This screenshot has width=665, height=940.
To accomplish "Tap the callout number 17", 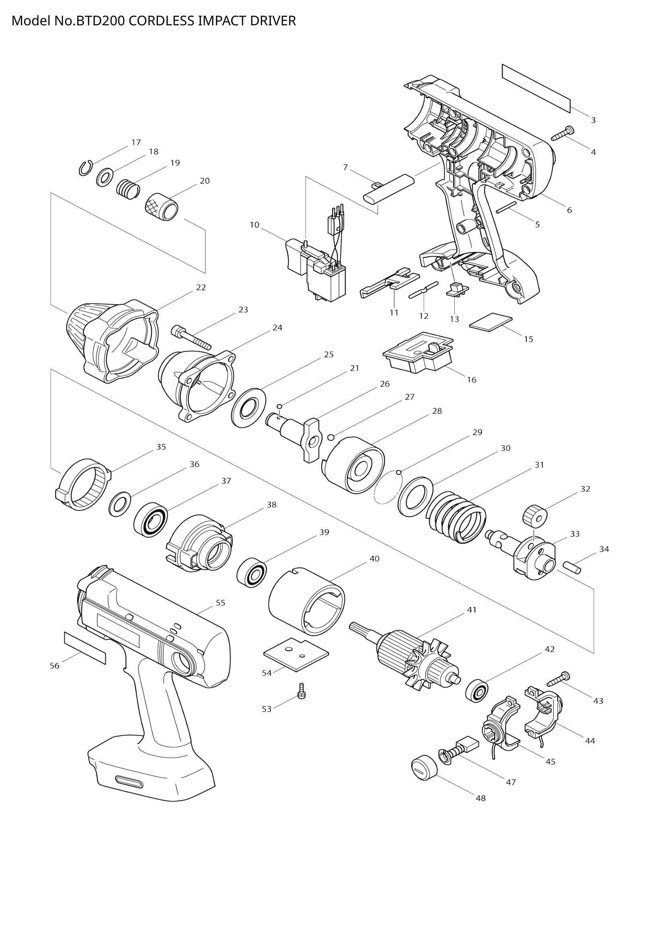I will (x=136, y=143).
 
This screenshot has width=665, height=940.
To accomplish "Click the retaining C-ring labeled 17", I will (x=85, y=168).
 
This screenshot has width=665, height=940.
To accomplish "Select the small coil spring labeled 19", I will (x=128, y=189).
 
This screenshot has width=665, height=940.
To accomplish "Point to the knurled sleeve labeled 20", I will (x=162, y=206).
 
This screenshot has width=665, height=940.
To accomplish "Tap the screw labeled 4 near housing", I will (x=563, y=133).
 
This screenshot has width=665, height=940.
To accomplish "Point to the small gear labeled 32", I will (x=535, y=515).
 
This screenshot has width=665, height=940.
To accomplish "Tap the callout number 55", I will (x=220, y=603).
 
